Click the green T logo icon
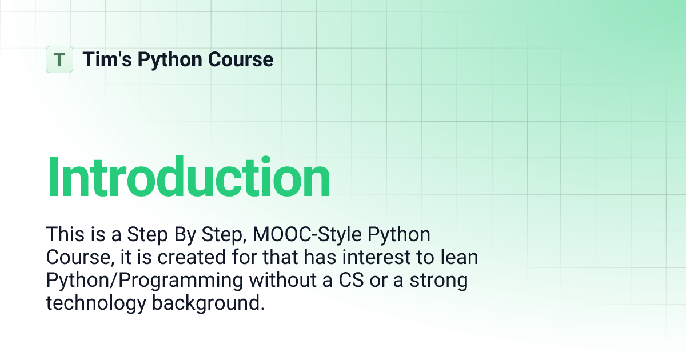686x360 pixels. tap(59, 59)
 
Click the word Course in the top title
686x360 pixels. tap(241, 59)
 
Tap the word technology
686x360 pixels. tap(95, 303)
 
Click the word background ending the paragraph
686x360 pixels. tap(208, 303)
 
